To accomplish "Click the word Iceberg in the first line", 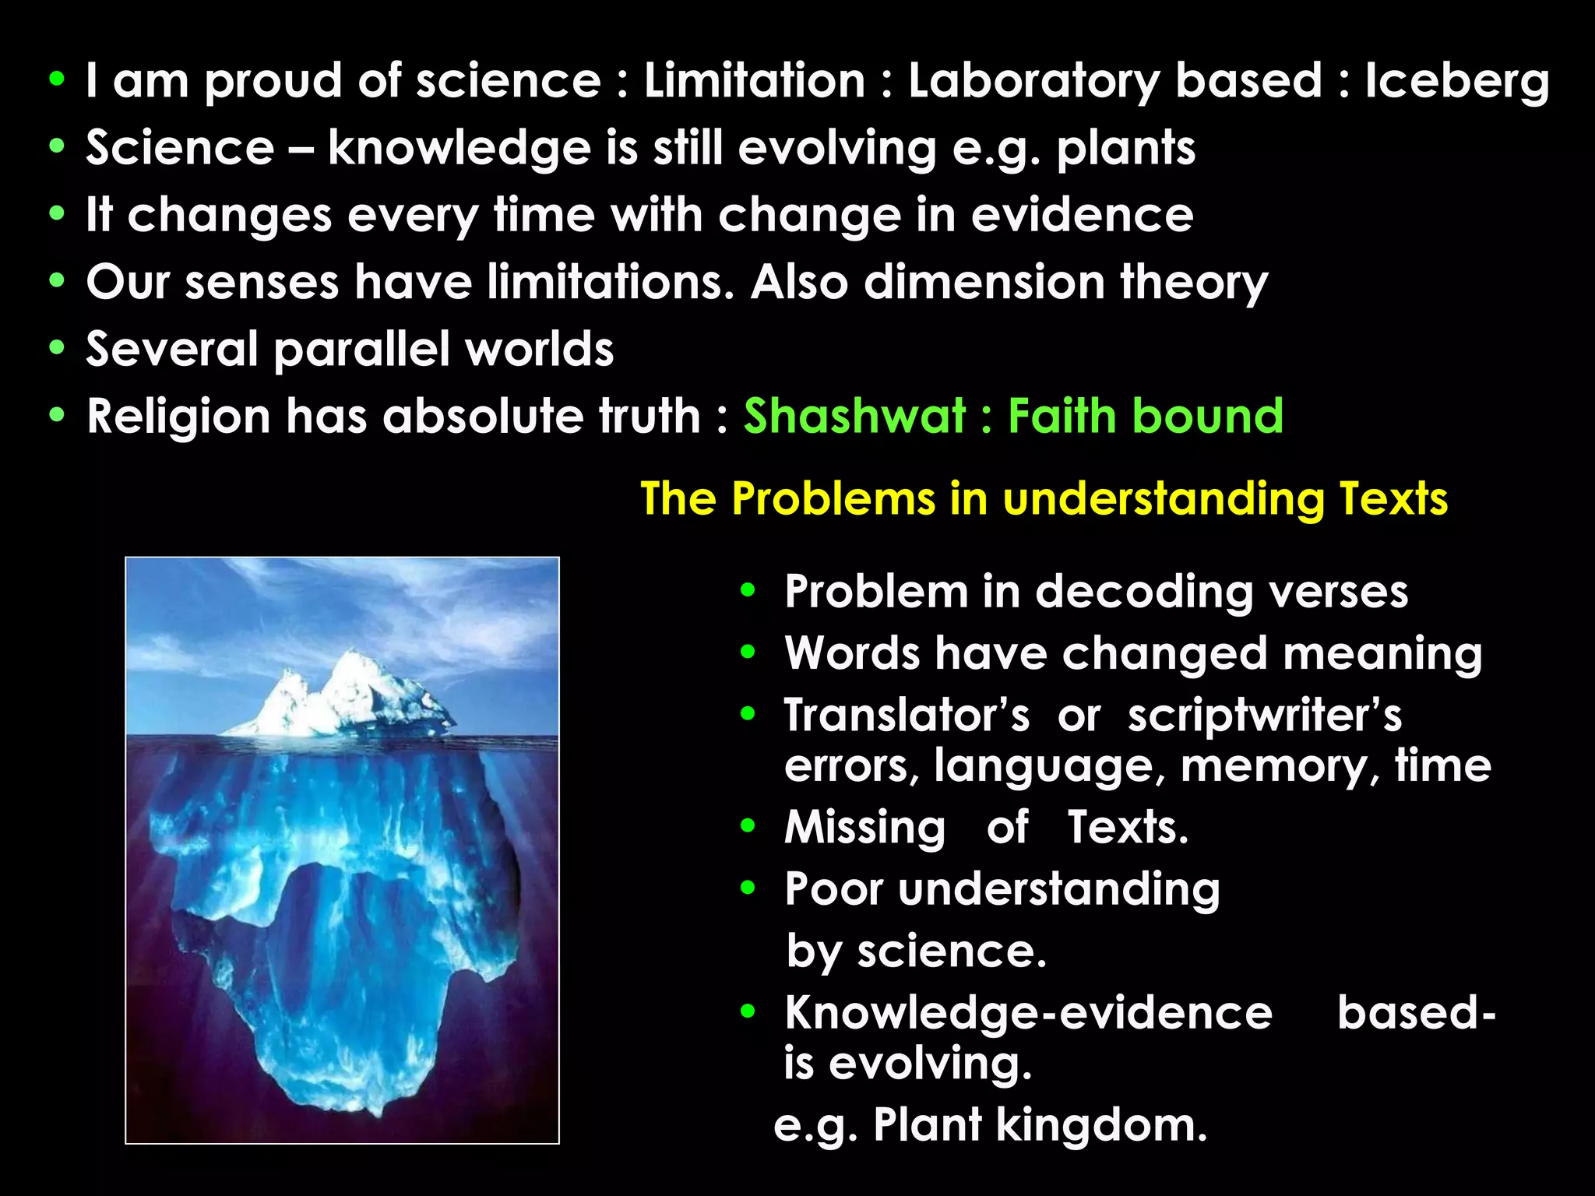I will pos(1456,82).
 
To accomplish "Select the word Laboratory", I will pos(1033,80).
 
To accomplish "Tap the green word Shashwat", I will pos(854,415).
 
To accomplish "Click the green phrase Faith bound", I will pos(1146,415).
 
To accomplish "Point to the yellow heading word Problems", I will pos(833,498).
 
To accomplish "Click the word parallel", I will pos(361,350).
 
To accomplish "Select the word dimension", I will pos(984,282).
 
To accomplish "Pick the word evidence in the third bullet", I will pos(1082,215).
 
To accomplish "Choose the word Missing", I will pos(864,827).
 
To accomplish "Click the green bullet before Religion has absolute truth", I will pos(56,415).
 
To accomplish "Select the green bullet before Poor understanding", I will pos(748,888).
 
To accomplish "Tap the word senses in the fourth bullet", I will pos(262,282).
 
